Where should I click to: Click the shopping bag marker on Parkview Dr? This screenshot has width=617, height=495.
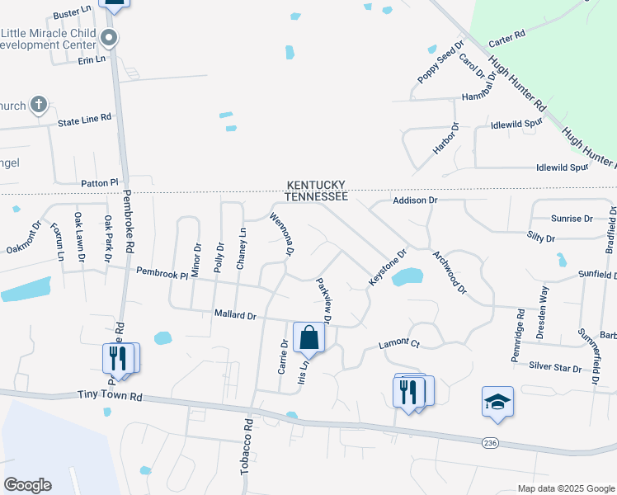308,337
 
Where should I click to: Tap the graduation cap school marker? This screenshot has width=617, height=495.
497,401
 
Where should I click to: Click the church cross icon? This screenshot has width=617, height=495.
38,105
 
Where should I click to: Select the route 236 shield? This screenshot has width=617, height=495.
491,443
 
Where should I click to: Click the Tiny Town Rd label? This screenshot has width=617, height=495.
109,397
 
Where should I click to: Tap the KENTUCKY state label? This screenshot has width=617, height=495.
316,186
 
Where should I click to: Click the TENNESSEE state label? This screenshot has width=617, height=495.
316,196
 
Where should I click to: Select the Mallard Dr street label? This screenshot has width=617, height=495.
236,315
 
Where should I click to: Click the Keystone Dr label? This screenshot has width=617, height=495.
388,268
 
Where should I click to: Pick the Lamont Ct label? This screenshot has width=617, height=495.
399,343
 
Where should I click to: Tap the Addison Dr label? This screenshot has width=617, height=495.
414,200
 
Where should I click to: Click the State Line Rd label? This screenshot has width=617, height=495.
84,120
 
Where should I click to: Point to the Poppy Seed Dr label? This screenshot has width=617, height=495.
441,63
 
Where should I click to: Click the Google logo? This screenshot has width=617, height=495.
27,485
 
